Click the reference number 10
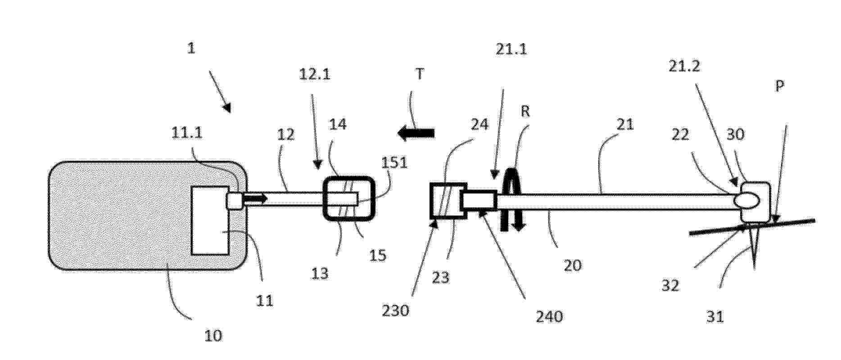[x=213, y=336]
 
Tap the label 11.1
[x=187, y=133]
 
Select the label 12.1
[x=315, y=73]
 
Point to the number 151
[x=394, y=163]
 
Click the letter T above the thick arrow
[x=420, y=74]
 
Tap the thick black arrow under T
[x=416, y=133]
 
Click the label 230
[x=395, y=310]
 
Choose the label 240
[x=549, y=316]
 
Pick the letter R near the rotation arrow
[x=525, y=111]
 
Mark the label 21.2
[x=684, y=67]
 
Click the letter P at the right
[x=779, y=86]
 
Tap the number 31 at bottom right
[x=715, y=317]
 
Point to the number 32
[x=670, y=285]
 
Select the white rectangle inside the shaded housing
[x=210, y=220]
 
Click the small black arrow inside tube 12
[x=255, y=198]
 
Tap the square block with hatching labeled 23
[x=448, y=201]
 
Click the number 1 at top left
[x=191, y=48]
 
